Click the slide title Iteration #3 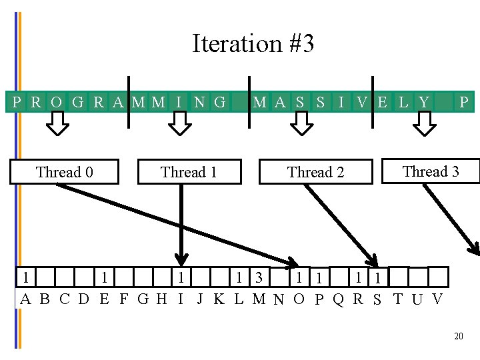[253, 44]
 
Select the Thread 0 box [64, 172]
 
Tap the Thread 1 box [189, 172]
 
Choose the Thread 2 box [315, 172]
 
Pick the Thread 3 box [431, 171]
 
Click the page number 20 [458, 337]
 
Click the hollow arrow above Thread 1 [178, 123]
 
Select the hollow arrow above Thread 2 [303, 123]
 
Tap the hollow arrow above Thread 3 [424, 123]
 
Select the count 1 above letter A [25, 277]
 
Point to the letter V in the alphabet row [437, 299]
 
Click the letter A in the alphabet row [25, 299]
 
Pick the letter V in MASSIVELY [361, 102]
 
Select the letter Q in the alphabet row [338, 299]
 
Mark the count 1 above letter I [181, 277]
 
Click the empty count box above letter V [438, 277]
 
